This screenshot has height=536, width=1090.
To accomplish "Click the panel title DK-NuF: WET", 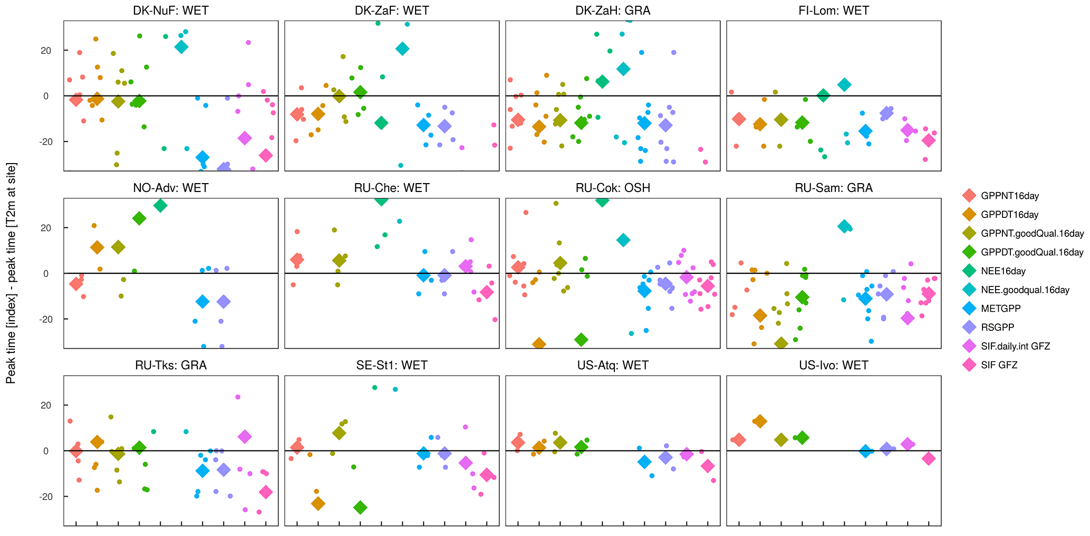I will [171, 11].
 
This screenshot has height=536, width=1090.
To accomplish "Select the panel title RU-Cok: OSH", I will [612, 188].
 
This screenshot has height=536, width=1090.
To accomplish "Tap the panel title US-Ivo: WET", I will [834, 366].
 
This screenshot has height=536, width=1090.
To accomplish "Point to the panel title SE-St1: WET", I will [392, 366].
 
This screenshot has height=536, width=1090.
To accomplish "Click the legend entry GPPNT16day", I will [1009, 196].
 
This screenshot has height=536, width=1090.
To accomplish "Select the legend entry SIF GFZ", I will [999, 365].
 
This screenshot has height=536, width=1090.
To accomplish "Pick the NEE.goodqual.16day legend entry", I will [1025, 290].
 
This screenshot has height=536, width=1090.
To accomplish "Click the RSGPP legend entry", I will [997, 328].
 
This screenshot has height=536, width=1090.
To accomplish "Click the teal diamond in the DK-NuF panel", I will [181, 46].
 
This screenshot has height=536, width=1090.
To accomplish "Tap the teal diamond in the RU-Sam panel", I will [844, 226].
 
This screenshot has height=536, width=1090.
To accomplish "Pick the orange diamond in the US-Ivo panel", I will [760, 421].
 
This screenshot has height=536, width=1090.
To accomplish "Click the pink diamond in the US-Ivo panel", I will [929, 458].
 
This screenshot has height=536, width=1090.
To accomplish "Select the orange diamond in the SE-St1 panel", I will [318, 503].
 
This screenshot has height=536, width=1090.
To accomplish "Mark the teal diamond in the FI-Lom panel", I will [844, 84].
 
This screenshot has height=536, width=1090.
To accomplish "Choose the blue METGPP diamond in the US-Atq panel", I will [644, 462].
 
